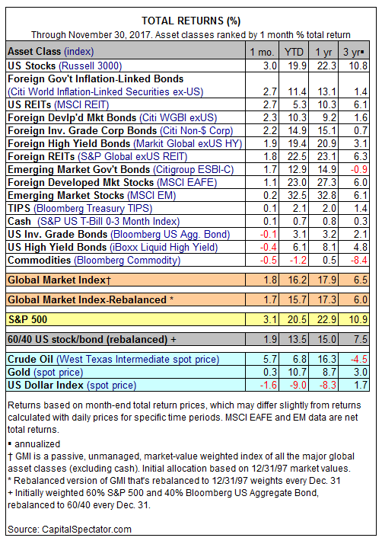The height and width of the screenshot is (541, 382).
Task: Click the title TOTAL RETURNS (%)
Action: (x=191, y=21)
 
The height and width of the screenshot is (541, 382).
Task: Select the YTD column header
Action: (x=294, y=52)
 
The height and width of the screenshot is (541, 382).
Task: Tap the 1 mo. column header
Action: (x=262, y=52)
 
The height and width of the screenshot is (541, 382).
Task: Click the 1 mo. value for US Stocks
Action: (x=270, y=66)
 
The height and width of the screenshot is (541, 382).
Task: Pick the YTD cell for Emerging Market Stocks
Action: (x=297, y=195)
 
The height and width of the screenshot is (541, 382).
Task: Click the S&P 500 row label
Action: (x=27, y=319)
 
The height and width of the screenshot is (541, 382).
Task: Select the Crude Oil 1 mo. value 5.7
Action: (x=270, y=359)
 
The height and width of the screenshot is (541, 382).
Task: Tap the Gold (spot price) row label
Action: (x=46, y=373)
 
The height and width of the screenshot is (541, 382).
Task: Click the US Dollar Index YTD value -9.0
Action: (x=298, y=385)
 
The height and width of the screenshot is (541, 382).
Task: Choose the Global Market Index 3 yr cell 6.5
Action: (x=360, y=280)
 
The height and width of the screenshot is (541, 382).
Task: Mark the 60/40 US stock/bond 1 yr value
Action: (x=326, y=340)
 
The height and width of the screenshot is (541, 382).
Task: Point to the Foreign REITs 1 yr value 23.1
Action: (x=326, y=156)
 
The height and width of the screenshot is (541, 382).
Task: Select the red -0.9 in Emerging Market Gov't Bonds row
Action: (x=360, y=169)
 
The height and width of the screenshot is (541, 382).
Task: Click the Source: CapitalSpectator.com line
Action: (x=69, y=530)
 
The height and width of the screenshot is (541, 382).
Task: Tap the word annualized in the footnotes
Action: (x=37, y=443)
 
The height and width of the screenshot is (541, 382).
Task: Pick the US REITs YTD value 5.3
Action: (x=299, y=104)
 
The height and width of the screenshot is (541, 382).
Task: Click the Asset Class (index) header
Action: (x=51, y=52)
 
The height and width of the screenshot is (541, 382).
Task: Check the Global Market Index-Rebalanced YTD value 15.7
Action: (x=297, y=299)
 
